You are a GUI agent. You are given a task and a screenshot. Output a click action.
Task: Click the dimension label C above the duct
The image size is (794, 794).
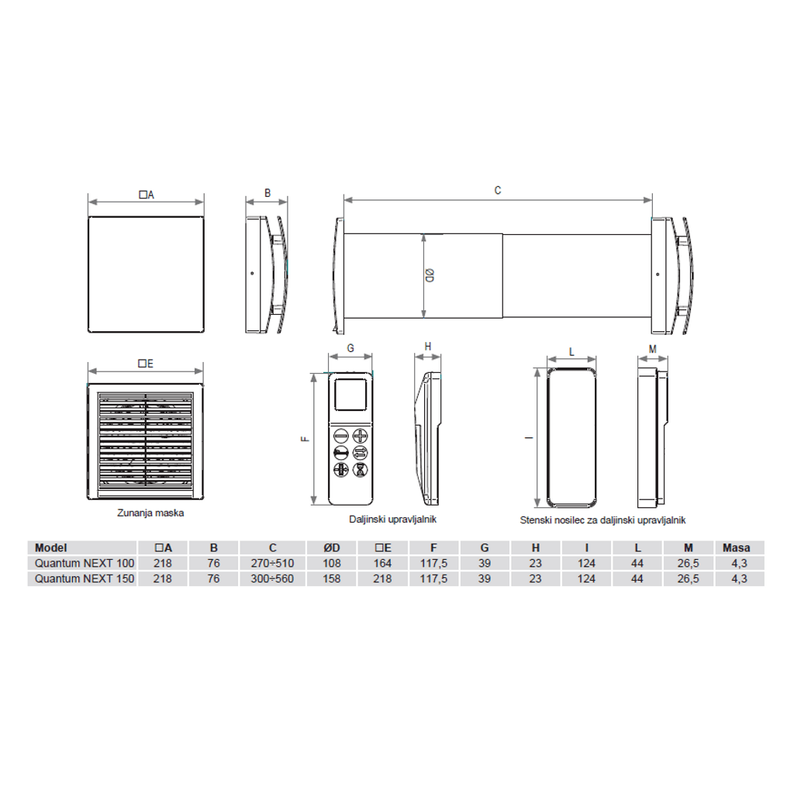497,191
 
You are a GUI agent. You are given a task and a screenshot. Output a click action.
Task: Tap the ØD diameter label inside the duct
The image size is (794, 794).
430,275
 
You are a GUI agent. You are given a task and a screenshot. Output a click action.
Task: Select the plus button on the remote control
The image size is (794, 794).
360,436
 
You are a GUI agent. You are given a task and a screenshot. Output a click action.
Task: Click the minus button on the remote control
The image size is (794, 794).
341,436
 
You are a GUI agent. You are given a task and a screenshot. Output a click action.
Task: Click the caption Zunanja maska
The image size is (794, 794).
150,513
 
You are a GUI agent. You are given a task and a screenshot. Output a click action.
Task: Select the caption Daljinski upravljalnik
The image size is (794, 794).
392,519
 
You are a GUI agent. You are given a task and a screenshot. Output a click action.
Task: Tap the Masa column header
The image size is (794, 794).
737,547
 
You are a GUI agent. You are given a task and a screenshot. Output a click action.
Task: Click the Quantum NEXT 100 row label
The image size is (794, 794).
85,563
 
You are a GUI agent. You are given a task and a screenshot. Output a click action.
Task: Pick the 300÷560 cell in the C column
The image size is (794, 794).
272,578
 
